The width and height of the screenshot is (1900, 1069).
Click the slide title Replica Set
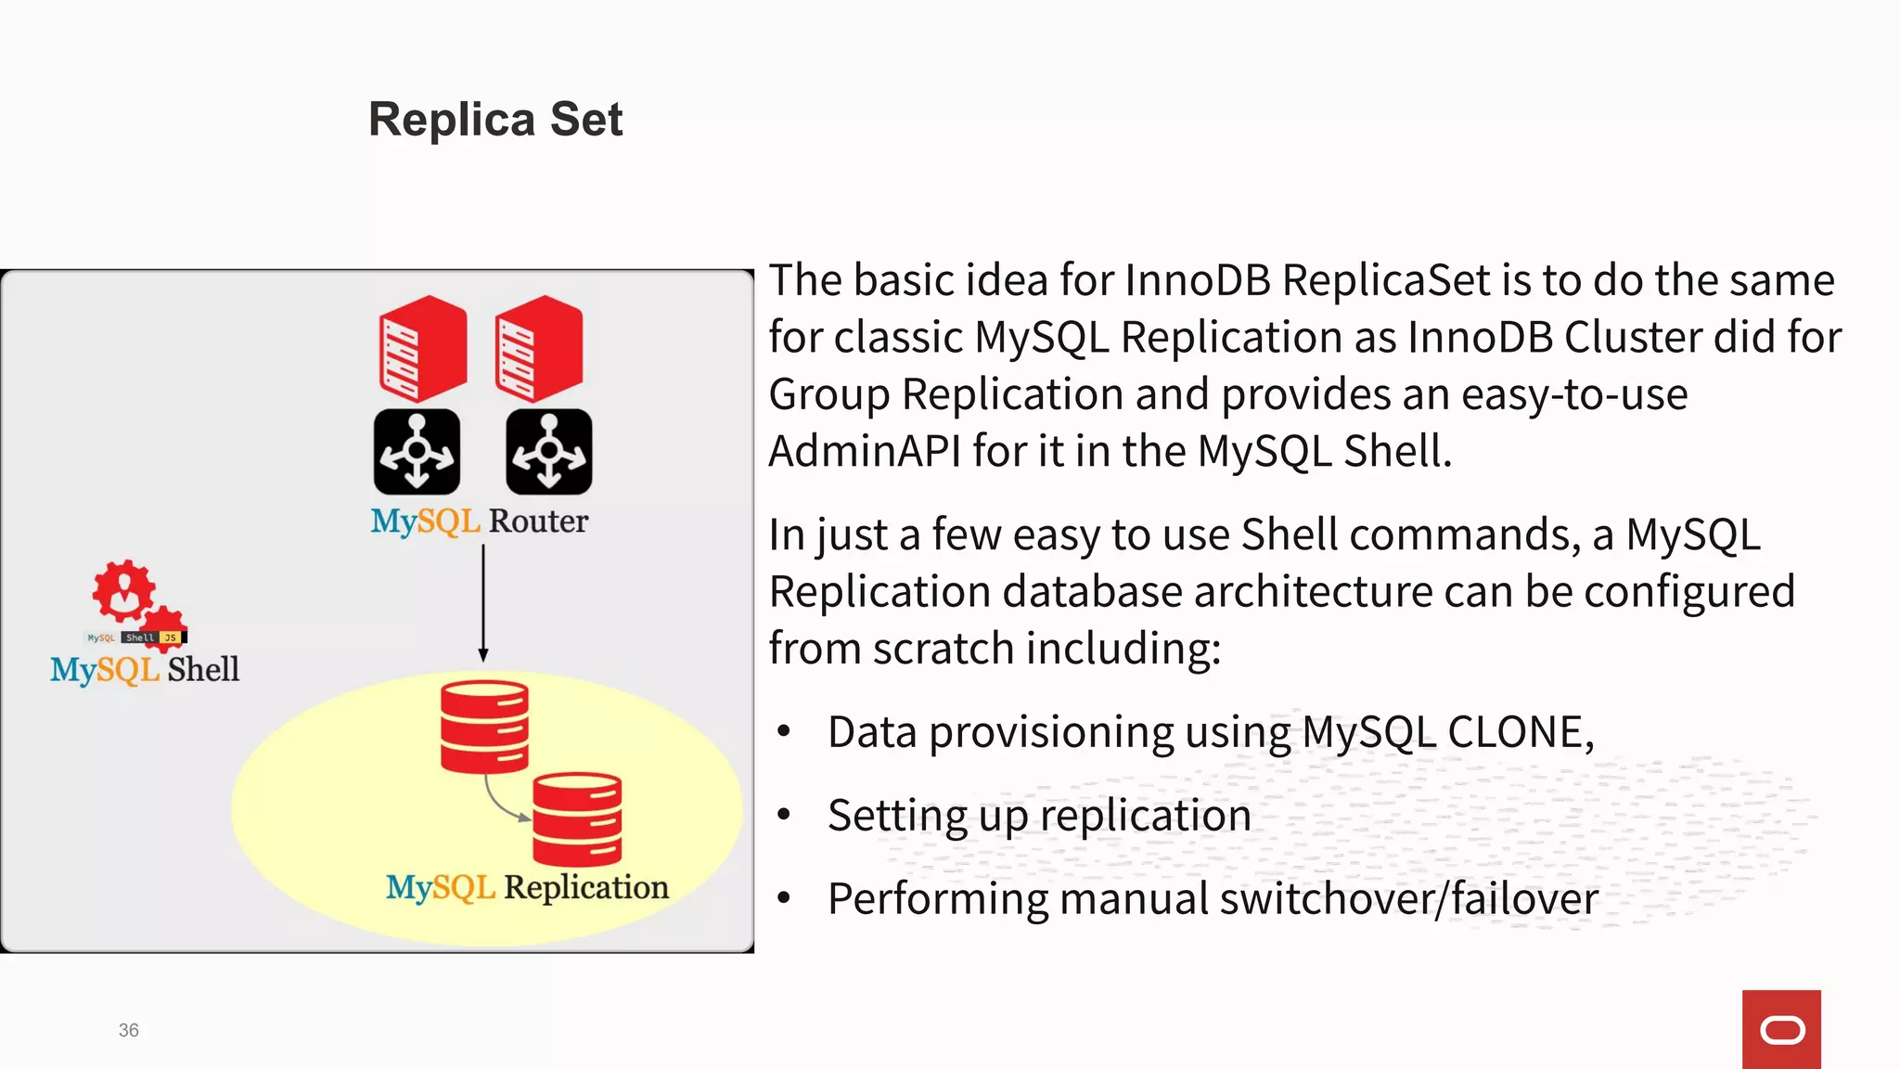495,120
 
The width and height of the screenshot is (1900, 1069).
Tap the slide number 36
128,1030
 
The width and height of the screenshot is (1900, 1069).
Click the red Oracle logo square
1781,1029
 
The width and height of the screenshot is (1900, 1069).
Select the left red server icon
422,349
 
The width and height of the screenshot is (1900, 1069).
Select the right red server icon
538,349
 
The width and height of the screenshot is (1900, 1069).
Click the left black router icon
417,452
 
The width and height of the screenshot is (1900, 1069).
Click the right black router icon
548,452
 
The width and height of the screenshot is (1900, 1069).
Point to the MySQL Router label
479,522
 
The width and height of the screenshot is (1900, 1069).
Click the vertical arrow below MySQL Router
483,603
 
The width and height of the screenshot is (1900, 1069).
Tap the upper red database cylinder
484,727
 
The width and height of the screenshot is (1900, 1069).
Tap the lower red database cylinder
577,818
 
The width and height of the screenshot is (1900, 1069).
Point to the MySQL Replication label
527,887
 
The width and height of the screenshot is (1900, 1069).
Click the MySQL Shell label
145,669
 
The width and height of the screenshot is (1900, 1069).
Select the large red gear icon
122,590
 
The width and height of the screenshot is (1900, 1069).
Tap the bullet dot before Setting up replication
784,816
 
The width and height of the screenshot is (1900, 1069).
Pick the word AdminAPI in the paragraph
865,451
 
